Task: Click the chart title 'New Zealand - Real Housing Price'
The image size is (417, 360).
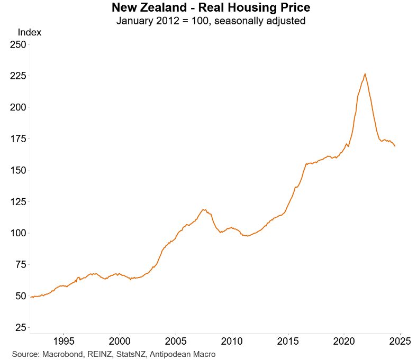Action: click(x=211, y=8)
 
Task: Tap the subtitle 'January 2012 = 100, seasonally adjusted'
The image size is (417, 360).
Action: click(x=211, y=21)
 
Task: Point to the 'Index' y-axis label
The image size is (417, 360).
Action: click(x=29, y=32)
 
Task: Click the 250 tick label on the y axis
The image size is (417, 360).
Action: click(x=18, y=45)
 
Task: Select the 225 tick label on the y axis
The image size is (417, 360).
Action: click(x=18, y=76)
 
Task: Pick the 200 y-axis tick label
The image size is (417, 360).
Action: click(x=18, y=107)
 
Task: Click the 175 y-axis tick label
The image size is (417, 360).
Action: click(x=18, y=139)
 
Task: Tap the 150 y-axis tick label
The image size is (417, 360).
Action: click(x=18, y=170)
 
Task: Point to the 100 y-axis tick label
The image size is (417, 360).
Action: click(x=18, y=233)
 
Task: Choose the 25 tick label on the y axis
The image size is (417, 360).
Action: click(x=20, y=328)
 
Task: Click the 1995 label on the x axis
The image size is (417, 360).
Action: click(x=64, y=339)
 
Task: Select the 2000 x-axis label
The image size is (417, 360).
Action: click(x=120, y=339)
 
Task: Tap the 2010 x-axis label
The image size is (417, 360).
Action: click(x=232, y=339)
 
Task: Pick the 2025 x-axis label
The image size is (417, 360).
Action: click(x=401, y=339)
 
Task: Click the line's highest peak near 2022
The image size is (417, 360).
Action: click(x=365, y=74)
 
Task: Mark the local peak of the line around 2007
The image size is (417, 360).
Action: click(x=203, y=209)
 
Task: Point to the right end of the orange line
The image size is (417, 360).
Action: click(x=395, y=146)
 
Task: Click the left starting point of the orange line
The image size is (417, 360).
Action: click(x=30, y=297)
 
